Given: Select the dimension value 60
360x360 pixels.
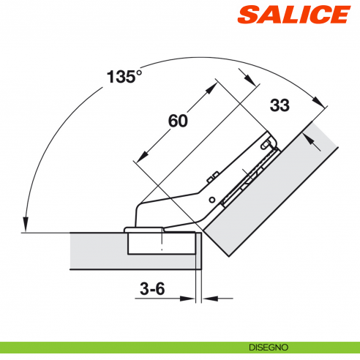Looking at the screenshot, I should pos(178,121).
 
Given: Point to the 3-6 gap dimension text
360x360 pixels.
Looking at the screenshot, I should pos(152,289).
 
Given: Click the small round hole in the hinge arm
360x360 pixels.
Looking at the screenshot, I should pos(211,199).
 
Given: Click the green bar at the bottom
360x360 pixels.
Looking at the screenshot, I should pos(180,347).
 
